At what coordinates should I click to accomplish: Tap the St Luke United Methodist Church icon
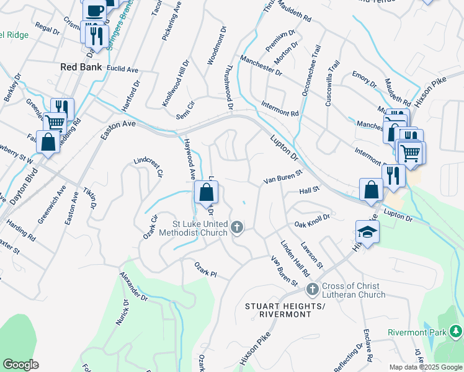point(236,228)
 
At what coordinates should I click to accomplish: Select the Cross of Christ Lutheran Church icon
point(313,289)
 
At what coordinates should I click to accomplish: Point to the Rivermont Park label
point(417,333)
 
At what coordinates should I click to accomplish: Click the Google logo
point(20,365)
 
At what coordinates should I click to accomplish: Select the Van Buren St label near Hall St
point(282,177)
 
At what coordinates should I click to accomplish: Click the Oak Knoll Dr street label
point(311,220)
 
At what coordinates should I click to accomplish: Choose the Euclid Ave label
point(122,69)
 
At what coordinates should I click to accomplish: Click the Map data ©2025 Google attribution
point(426,367)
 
